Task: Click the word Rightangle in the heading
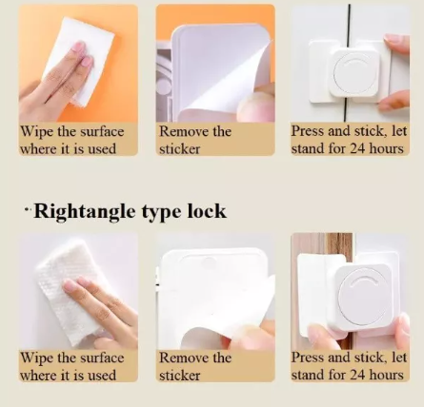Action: (85, 211)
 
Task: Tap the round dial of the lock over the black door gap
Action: (353, 73)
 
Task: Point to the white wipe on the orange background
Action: (79, 60)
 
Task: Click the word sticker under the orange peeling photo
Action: (180, 149)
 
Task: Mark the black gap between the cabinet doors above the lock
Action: (349, 23)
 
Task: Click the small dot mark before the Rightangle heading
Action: (28, 209)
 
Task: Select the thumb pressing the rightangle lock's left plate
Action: (321, 336)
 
